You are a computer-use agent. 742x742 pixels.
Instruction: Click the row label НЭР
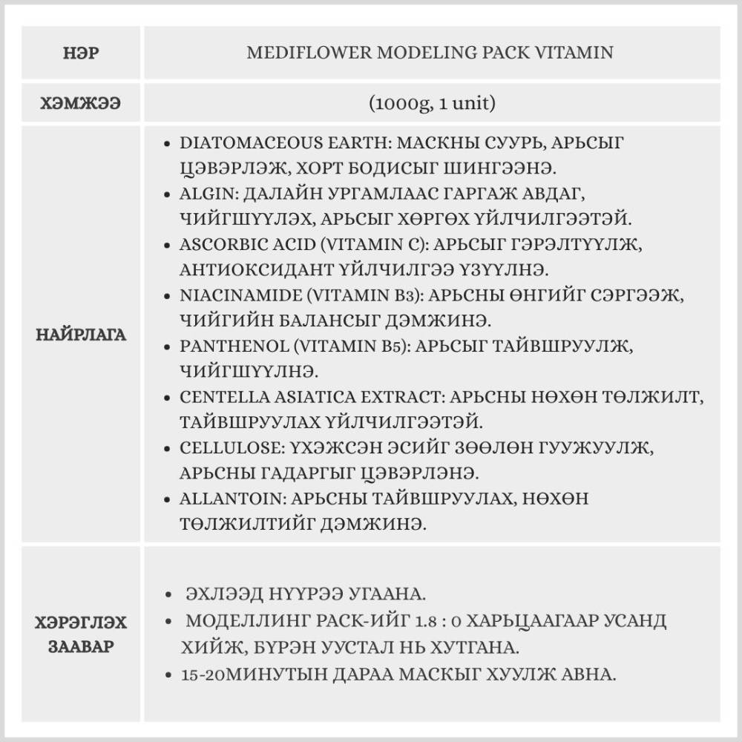pos(82,53)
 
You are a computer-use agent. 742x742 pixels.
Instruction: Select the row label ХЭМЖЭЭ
pos(82,102)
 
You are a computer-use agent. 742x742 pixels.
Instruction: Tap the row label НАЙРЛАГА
pos(82,335)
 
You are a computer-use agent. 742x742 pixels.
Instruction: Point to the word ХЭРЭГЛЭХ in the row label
pos(82,621)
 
